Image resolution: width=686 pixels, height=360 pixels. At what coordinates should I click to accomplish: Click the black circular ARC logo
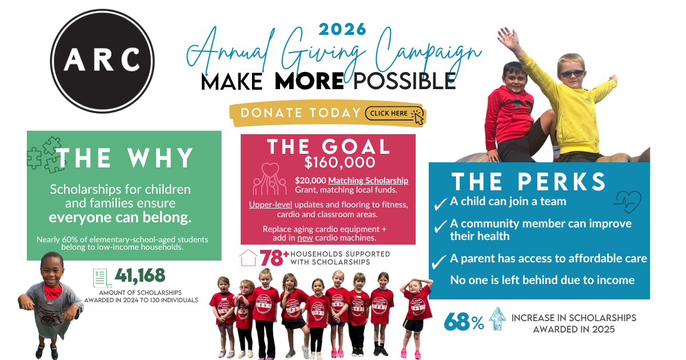[x=102, y=61]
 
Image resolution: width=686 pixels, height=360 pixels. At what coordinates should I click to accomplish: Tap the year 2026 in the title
[x=342, y=29]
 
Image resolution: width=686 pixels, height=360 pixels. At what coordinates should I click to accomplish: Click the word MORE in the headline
[x=309, y=81]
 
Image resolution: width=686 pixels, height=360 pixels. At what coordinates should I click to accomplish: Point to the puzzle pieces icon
[x=45, y=155]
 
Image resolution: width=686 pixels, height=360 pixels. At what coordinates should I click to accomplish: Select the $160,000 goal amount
[x=340, y=162]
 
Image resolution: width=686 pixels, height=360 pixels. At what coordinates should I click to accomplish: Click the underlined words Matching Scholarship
[x=368, y=181]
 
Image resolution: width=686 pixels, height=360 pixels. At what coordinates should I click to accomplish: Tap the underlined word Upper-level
[x=270, y=205]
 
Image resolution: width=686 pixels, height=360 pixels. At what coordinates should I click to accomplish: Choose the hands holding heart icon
[x=270, y=179]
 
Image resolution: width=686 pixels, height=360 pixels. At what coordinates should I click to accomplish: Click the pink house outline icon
[x=248, y=258]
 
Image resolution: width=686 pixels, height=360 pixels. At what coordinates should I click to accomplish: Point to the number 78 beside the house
[x=272, y=258]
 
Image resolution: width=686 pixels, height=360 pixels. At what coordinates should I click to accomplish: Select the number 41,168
[x=140, y=275]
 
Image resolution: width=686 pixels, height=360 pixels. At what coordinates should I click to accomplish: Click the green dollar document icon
[x=102, y=278]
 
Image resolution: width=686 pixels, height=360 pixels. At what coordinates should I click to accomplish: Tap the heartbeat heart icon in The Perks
[x=628, y=202]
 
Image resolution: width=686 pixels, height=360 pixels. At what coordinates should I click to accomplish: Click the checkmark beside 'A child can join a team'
[x=440, y=204]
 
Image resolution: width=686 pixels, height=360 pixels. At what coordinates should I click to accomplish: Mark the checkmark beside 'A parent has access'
[x=439, y=262]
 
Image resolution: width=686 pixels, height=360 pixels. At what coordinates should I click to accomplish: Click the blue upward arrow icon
[x=497, y=318]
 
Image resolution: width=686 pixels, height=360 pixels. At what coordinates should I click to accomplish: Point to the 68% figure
[x=464, y=321]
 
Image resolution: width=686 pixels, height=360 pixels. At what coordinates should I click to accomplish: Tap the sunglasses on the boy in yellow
[x=572, y=74]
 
